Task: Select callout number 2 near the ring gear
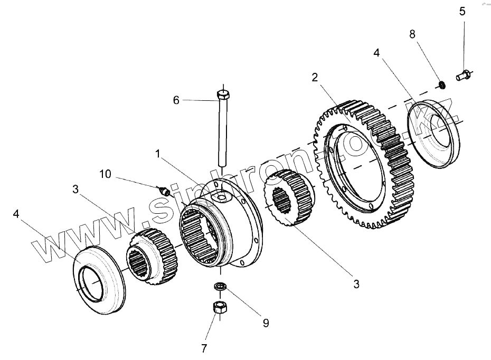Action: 315,78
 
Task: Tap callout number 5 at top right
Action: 462,11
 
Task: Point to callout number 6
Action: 176,99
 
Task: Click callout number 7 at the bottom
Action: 204,348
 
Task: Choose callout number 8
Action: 412,34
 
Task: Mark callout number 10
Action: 105,174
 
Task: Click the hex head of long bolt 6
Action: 223,96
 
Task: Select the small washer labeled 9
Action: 220,287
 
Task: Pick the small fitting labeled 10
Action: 164,191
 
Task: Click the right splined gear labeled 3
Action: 290,198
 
